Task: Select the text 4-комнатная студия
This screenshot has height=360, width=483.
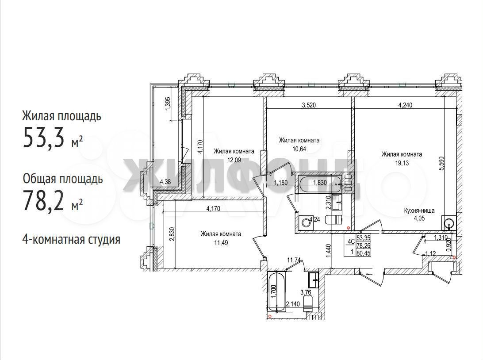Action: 71,239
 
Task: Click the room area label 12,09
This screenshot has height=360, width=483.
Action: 234,160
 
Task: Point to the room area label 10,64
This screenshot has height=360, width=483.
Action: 299,149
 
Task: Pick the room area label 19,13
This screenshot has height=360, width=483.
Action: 402,163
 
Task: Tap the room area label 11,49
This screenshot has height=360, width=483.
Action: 221,243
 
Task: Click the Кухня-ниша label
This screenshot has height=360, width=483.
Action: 419,211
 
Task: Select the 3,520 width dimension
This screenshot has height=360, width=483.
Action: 309,105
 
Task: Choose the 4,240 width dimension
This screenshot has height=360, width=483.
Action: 405,105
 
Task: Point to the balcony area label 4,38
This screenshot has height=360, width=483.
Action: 165,182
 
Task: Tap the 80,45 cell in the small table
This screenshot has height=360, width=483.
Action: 364,253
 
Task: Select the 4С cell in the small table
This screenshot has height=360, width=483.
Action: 351,242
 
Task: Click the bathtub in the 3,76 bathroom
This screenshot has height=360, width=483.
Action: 277,291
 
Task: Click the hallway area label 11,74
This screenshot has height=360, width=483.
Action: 294,260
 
